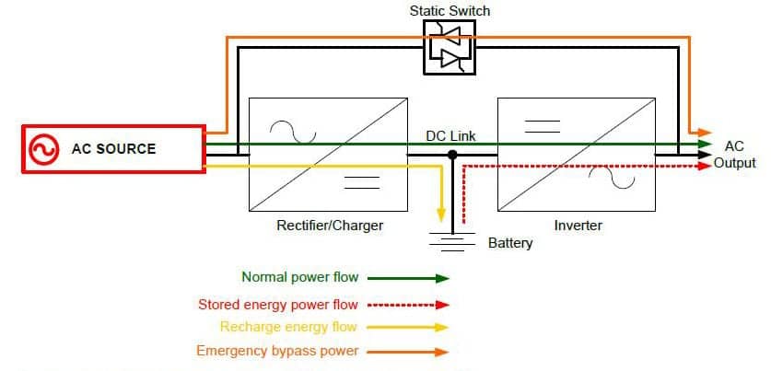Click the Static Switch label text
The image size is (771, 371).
[x=450, y=11]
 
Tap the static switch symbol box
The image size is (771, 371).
[x=450, y=47]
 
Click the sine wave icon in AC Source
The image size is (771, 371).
[x=42, y=149]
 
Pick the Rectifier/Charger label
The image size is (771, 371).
[x=330, y=226]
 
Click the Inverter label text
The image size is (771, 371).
[x=578, y=226]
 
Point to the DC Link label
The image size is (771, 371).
[x=450, y=136]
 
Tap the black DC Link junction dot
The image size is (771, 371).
[x=452, y=156]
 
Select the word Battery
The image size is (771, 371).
[x=510, y=244]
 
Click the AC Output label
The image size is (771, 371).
[x=734, y=155]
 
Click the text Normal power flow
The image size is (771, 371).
[x=299, y=277]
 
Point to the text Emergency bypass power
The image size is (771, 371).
[x=277, y=351]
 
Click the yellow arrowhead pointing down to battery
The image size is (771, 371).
[x=441, y=213]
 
